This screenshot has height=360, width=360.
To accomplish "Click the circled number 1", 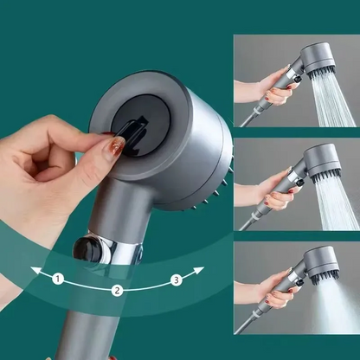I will [58, 280].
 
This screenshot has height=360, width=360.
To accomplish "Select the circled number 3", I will [177, 280].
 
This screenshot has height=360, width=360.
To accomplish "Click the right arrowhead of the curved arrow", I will [200, 271].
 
